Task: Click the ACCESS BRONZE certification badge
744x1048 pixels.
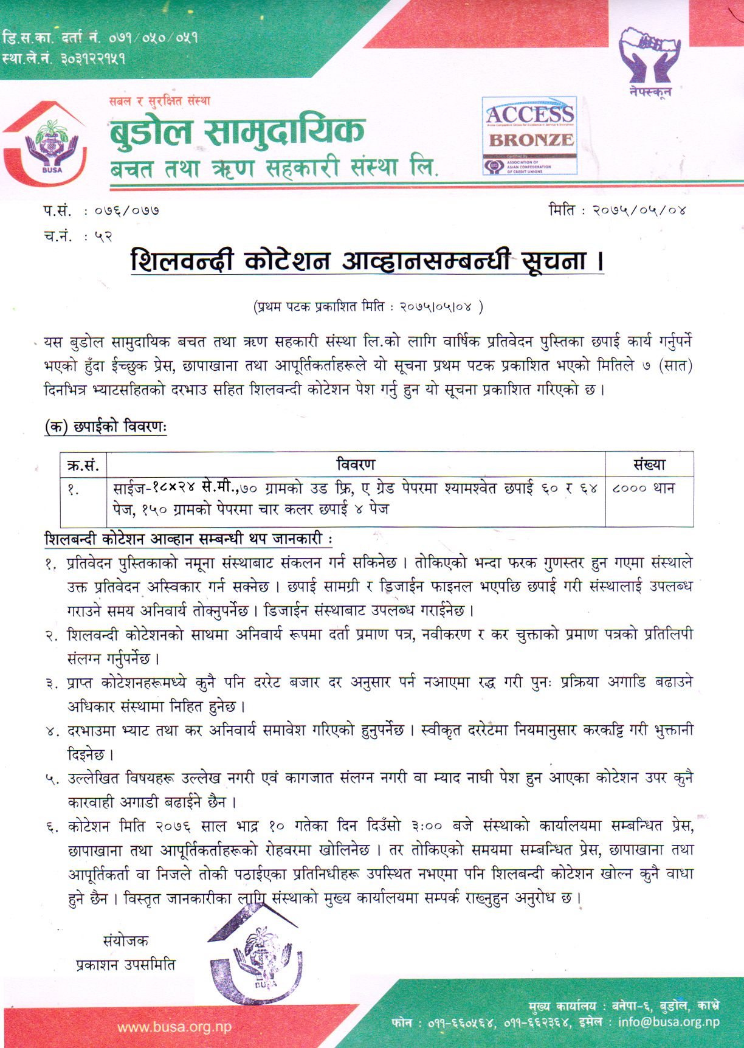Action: click(529, 135)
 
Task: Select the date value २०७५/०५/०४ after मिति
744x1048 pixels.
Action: click(639, 210)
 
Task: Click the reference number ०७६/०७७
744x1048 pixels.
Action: click(126, 211)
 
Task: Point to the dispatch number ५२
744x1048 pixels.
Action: click(103, 236)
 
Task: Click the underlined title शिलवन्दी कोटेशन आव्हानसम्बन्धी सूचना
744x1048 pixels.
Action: click(367, 261)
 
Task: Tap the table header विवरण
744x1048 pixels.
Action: click(356, 465)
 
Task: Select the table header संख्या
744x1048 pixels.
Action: click(649, 465)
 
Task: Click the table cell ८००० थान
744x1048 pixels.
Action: click(644, 488)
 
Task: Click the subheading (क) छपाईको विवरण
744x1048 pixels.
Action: click(106, 427)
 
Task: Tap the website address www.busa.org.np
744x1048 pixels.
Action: click(174, 1027)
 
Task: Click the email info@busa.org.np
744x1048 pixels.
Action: click(669, 1022)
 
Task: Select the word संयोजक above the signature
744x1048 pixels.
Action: click(125, 941)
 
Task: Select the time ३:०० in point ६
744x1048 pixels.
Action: click(426, 826)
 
